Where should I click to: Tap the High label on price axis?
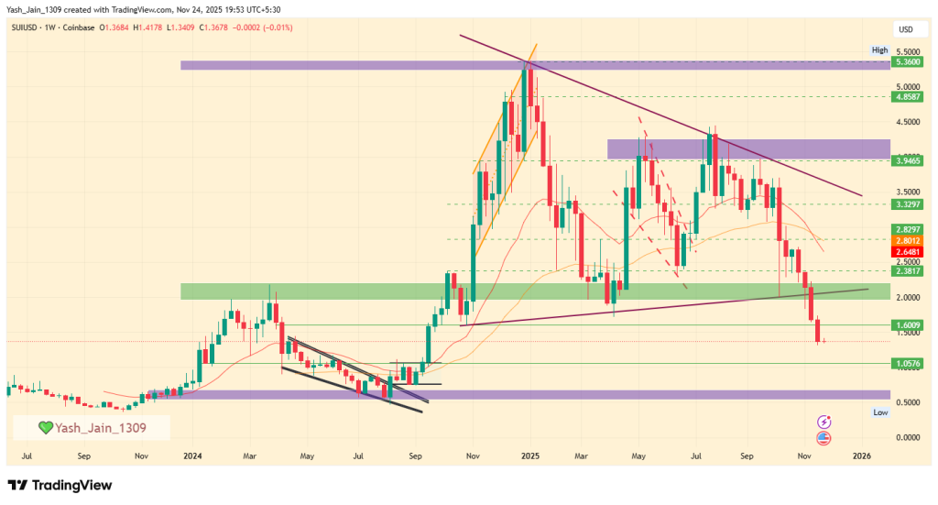tap(879, 50)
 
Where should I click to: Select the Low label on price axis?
tap(879, 413)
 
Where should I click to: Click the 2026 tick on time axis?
tap(861, 455)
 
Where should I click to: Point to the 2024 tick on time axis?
tap(192, 455)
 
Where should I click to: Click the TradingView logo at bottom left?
tap(60, 485)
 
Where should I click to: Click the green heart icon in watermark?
tap(45, 427)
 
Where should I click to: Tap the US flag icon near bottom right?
tap(823, 439)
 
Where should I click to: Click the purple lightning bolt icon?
tap(823, 422)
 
